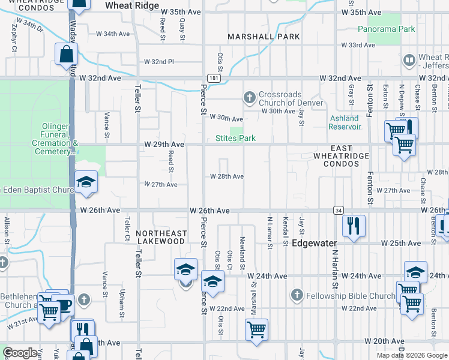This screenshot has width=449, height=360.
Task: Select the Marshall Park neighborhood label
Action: [263, 37]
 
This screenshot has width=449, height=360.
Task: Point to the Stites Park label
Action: [236, 139]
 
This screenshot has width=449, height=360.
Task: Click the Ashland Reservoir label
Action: [345, 122]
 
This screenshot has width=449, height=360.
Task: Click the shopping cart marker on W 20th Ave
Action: [256, 329]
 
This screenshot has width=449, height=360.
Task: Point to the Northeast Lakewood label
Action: [160, 236]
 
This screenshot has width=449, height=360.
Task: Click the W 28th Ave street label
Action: [226, 176]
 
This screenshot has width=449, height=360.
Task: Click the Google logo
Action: [20, 353]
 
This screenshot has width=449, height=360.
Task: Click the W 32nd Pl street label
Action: [159, 62]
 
